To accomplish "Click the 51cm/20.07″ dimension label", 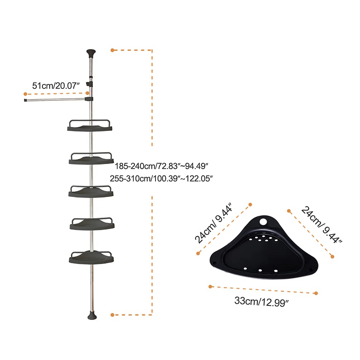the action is coord(56,86).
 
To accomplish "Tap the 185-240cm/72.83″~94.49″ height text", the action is coord(162,166).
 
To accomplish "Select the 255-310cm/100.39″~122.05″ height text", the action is coord(162,178).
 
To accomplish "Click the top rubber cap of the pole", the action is coord(91,53).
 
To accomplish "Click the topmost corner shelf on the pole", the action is coord(90,125).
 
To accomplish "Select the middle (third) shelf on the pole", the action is coord(91,191).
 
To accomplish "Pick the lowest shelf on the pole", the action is coord(91,258).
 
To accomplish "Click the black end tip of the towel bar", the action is coord(25,100).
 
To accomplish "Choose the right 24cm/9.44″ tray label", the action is coord(321,225).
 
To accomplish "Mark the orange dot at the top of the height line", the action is coord(112,50).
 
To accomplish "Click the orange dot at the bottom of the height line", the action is coord(112,315).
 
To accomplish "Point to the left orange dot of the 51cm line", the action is coord(25,94).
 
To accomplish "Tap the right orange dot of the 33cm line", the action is coord(316,293).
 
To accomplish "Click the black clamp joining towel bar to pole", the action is coord(89,99).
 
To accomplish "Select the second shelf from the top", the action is coord(91,158).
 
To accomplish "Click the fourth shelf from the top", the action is coord(92,224).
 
